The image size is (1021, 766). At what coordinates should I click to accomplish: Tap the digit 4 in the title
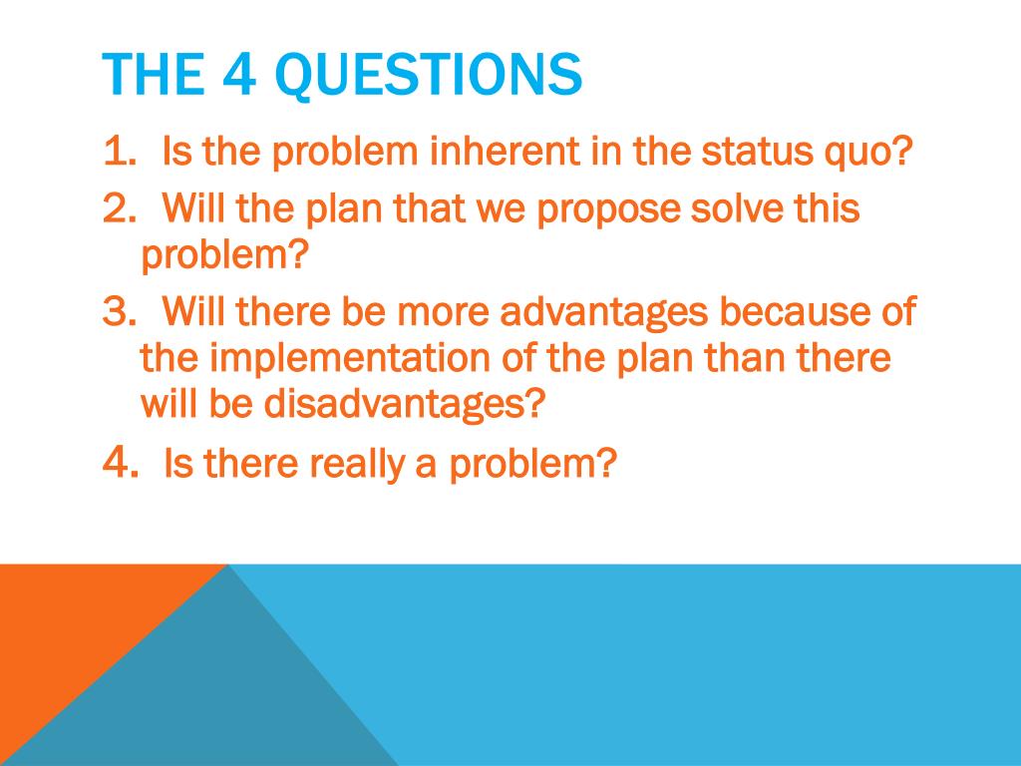(x=238, y=74)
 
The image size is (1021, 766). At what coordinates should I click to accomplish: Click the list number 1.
(x=120, y=151)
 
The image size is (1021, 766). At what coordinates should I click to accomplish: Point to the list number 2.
(x=120, y=207)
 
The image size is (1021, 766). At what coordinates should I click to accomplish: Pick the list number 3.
(x=120, y=311)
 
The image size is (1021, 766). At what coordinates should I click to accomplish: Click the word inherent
(x=505, y=151)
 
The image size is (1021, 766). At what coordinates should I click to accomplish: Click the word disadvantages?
(x=404, y=403)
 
